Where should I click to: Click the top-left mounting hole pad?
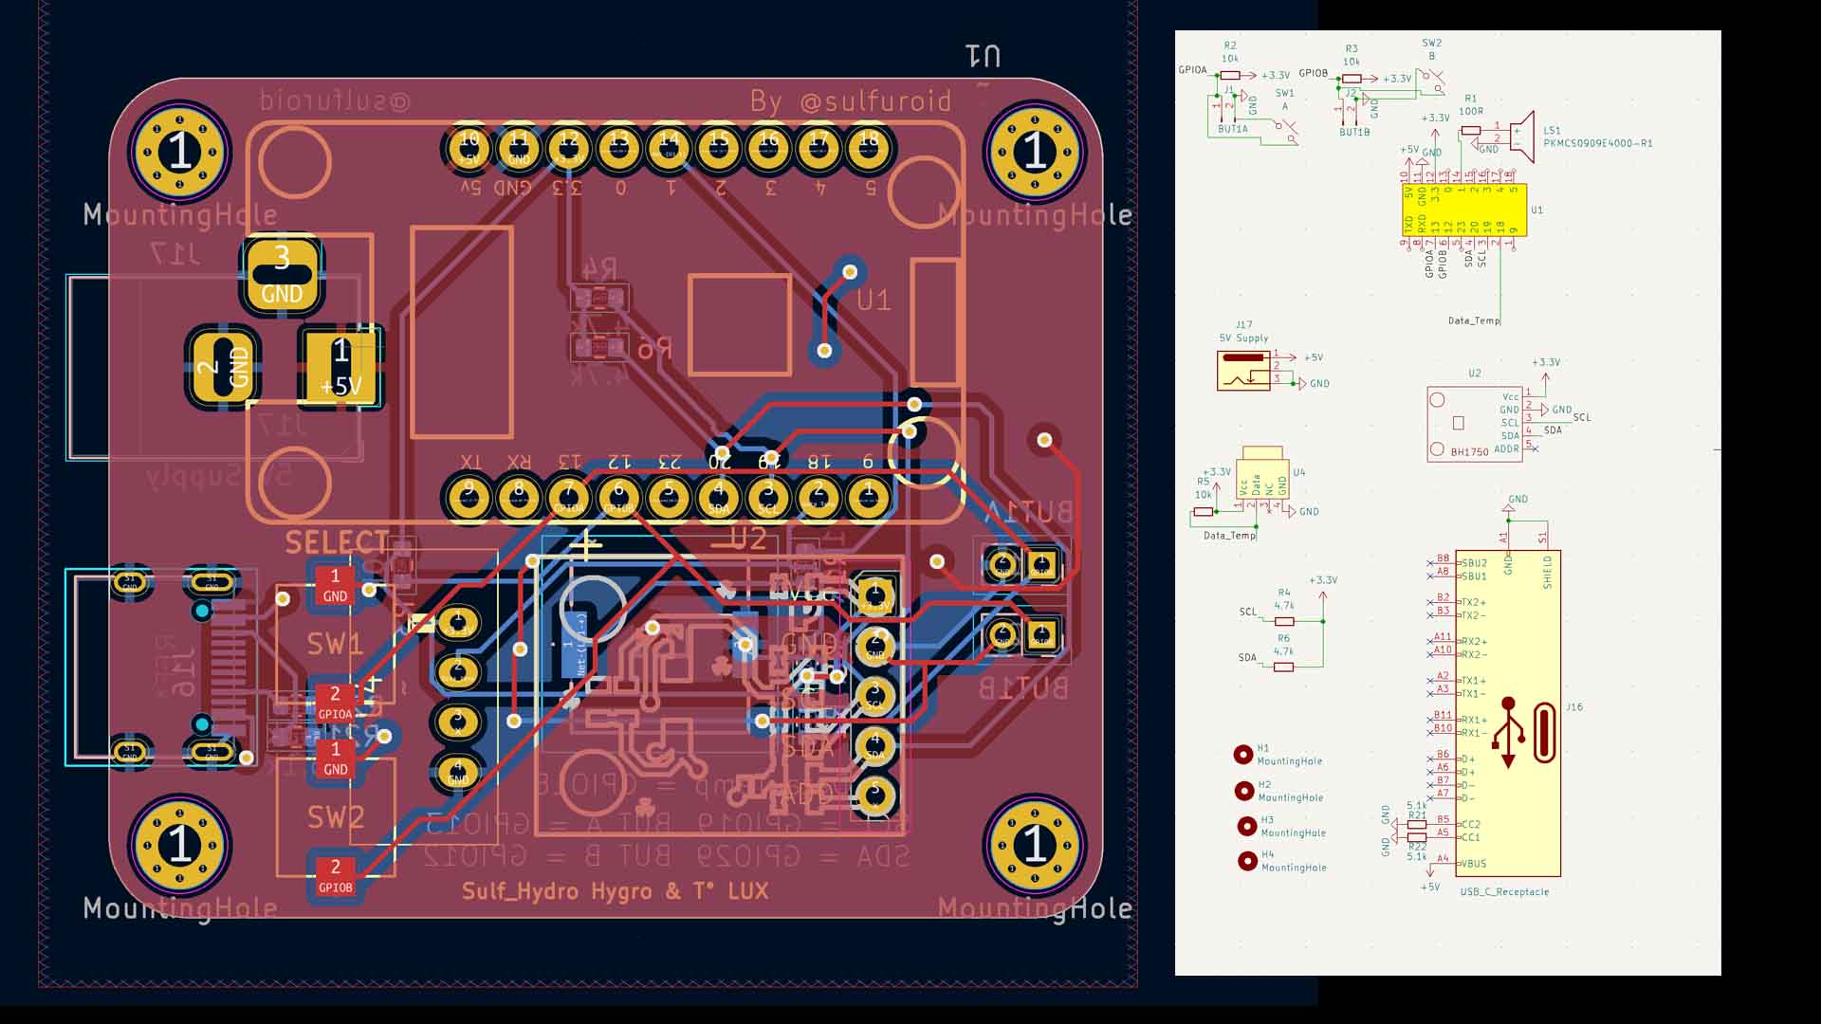click(180, 152)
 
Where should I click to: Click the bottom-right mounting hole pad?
click(1035, 844)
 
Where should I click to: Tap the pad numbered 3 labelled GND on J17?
click(282, 275)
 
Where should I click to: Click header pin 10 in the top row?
click(469, 147)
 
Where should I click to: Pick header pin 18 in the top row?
click(869, 147)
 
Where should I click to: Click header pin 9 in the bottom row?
click(469, 498)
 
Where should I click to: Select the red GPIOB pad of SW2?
click(335, 875)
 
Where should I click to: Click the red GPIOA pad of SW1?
click(335, 702)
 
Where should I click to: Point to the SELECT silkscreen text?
click(337, 542)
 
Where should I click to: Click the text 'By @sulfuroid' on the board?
click(850, 101)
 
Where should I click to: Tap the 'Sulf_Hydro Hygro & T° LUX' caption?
click(615, 891)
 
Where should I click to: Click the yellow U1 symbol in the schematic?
click(1463, 210)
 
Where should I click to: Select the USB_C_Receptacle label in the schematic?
click(1503, 892)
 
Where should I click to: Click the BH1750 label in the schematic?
click(1469, 452)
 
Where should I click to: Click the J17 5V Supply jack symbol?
click(1242, 371)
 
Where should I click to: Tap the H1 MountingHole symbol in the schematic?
click(1242, 755)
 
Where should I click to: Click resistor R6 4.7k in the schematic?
click(1283, 667)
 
